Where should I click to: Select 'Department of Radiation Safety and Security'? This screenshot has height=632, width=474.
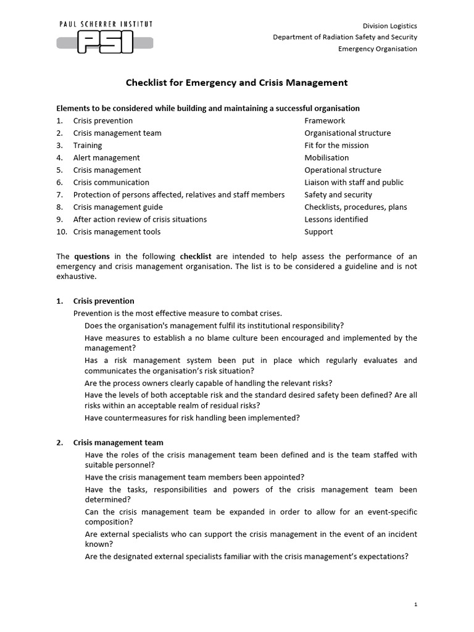click(x=345, y=37)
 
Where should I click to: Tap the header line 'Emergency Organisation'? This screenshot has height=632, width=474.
click(x=378, y=49)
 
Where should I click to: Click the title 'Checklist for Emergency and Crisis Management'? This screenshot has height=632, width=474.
click(x=237, y=82)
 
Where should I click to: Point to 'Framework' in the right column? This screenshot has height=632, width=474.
click(x=325, y=121)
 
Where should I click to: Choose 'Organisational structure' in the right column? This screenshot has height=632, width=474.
click(x=347, y=133)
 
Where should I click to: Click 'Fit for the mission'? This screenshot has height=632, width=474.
click(x=336, y=146)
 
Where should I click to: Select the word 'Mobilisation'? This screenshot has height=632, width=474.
click(x=326, y=158)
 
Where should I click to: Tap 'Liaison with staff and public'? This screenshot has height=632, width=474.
click(x=354, y=183)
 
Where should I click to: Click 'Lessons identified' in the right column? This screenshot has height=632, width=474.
click(x=336, y=220)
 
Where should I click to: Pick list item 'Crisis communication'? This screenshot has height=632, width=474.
click(x=111, y=183)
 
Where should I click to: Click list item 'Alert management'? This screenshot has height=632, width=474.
click(x=106, y=158)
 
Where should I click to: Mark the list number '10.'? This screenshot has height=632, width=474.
click(x=61, y=232)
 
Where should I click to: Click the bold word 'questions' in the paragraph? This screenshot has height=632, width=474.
click(x=92, y=256)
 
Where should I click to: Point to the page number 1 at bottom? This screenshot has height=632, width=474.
click(x=416, y=605)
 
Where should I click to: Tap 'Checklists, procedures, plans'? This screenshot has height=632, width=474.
click(x=355, y=207)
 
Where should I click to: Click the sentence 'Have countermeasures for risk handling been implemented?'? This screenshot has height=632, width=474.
click(x=192, y=418)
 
